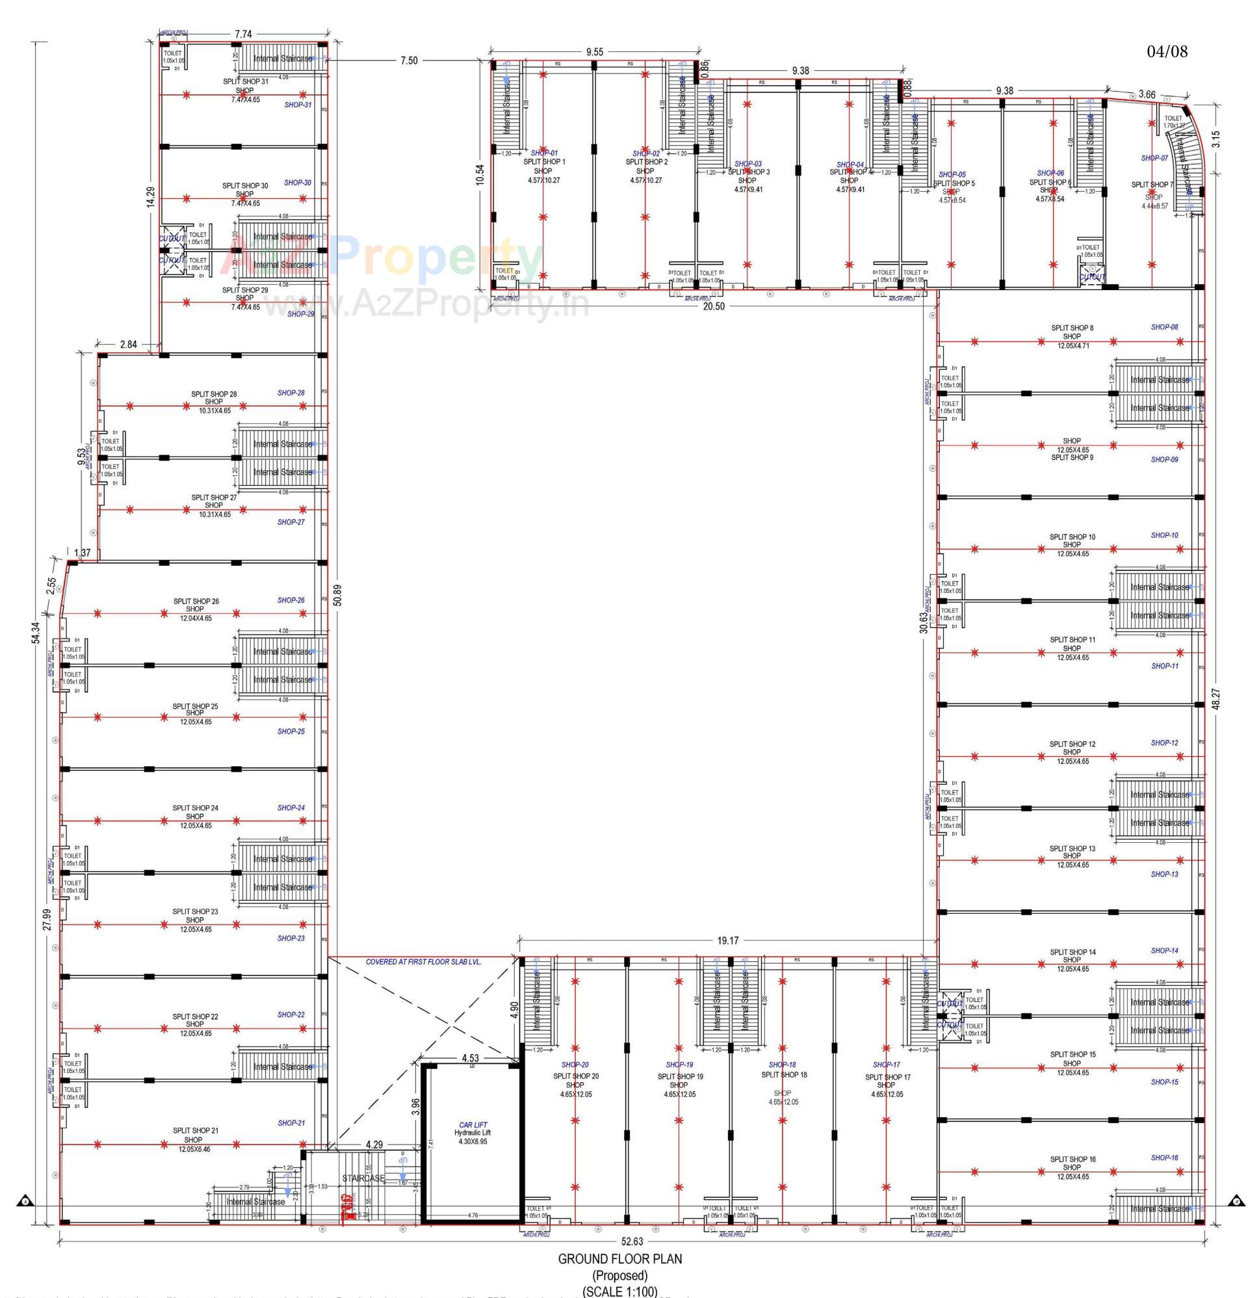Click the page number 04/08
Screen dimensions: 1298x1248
1167,51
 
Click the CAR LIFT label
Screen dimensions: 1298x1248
473,1125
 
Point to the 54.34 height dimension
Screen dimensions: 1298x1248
36,633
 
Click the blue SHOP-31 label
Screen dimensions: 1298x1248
298,105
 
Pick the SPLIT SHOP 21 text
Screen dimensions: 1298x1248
195,1130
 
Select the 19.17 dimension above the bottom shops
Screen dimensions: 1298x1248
727,940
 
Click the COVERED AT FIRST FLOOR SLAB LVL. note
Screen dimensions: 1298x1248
423,962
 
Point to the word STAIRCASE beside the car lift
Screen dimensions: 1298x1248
363,1178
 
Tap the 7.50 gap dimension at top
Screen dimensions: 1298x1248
408,61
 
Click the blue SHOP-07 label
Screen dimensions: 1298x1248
1154,158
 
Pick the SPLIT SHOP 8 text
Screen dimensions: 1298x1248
1072,328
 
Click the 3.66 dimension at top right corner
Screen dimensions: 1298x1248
1147,95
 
